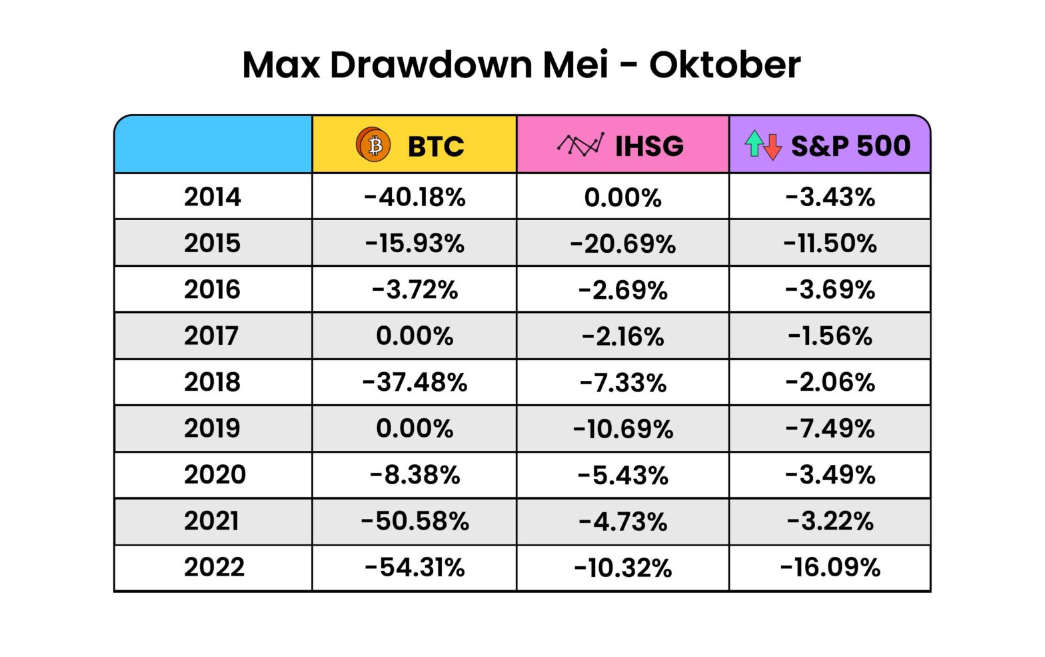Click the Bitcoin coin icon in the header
(x=373, y=145)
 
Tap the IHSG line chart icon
(x=580, y=144)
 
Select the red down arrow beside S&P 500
(x=772, y=147)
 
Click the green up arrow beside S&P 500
(x=754, y=143)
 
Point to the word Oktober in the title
(x=724, y=65)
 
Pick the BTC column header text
(x=435, y=146)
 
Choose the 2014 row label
(x=213, y=197)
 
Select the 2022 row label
(x=214, y=567)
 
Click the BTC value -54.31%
(x=415, y=567)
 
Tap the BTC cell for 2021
(x=415, y=521)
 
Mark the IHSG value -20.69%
(x=622, y=243)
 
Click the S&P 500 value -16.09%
(x=830, y=567)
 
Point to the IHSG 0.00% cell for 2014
(x=622, y=197)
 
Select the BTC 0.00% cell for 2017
(x=415, y=336)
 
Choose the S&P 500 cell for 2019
(x=830, y=428)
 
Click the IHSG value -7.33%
(x=622, y=382)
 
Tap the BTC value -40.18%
(x=415, y=197)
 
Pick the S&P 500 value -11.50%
(x=830, y=243)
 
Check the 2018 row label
(x=213, y=382)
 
